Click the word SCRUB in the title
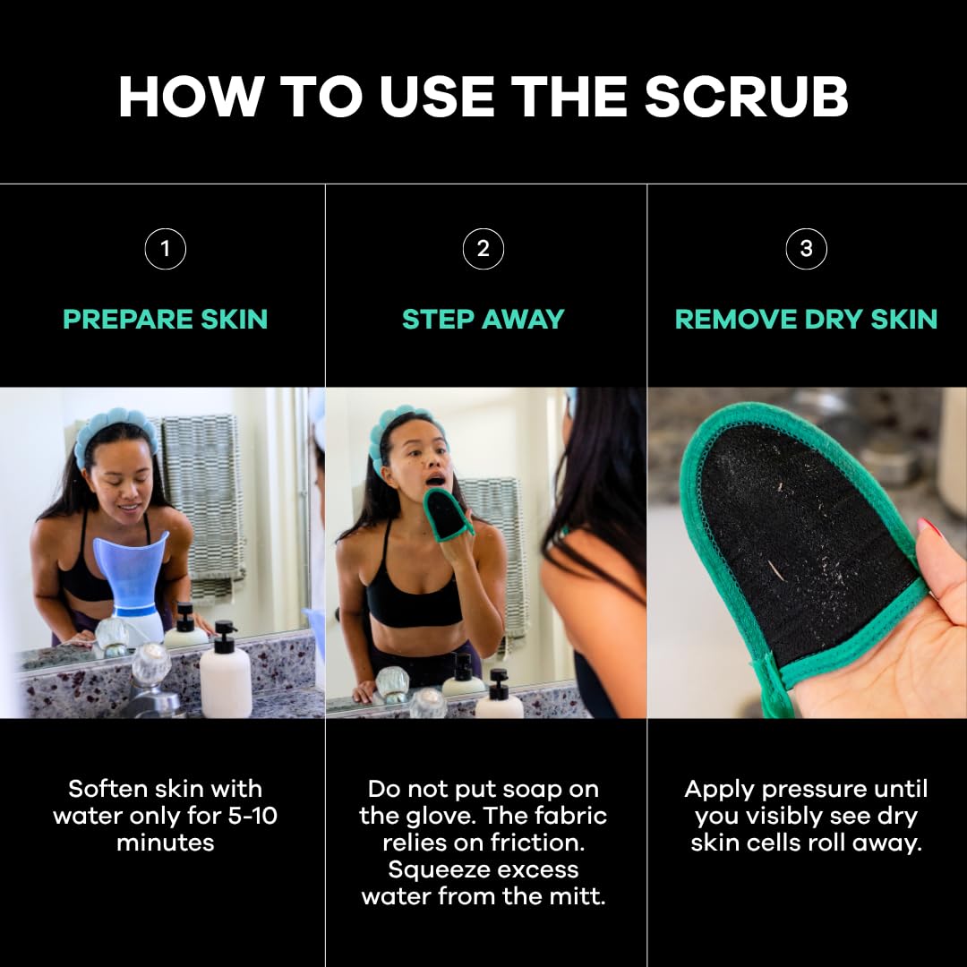click(x=746, y=96)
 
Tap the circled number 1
click(x=165, y=249)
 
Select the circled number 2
click(x=483, y=249)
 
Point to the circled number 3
click(x=806, y=249)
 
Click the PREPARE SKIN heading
click(x=165, y=319)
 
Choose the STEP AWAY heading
click(x=483, y=319)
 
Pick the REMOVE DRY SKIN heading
click(x=806, y=319)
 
